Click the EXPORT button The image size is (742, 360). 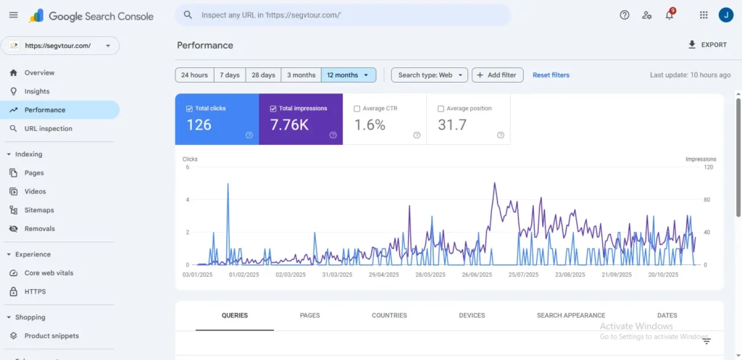pos(707,45)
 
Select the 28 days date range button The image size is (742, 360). pos(263,75)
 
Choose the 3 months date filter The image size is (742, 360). pos(301,75)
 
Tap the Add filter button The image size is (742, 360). pos(497,75)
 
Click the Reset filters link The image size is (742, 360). pos(551,75)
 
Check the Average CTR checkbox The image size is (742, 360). pos(357,109)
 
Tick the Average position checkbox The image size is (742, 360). pos(441,109)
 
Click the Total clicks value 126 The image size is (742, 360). pos(199,125)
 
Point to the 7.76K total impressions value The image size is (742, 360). pos(289,125)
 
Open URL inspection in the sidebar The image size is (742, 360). pos(48,129)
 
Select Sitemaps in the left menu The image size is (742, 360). pos(39,210)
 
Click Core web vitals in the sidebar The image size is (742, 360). pos(49,273)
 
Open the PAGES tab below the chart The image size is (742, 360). pos(309,316)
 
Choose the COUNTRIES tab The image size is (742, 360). pos(389,316)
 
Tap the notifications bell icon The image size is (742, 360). pos(669,15)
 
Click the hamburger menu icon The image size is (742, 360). pos(13,15)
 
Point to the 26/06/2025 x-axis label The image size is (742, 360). pos(477,275)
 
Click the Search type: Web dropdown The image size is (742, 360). pos(429,75)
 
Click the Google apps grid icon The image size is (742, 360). pos(704,15)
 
